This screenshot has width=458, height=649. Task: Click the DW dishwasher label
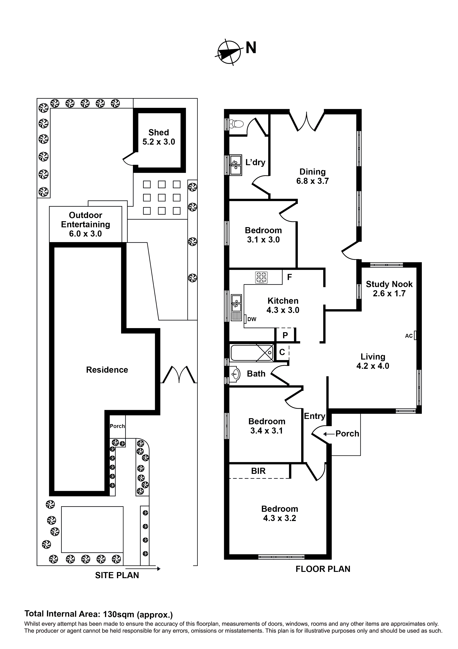252,319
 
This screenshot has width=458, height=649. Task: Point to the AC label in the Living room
409,336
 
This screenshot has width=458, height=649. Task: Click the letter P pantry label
285,335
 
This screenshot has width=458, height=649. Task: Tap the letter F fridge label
289,277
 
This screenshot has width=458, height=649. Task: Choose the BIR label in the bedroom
258,471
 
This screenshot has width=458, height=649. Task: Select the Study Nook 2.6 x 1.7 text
389,289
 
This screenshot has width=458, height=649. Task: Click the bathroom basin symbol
235,374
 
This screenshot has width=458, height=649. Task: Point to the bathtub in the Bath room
248,353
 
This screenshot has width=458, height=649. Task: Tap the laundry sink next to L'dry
236,165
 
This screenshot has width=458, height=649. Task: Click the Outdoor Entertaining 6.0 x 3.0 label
85,224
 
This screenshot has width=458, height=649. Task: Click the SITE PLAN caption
117,576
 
